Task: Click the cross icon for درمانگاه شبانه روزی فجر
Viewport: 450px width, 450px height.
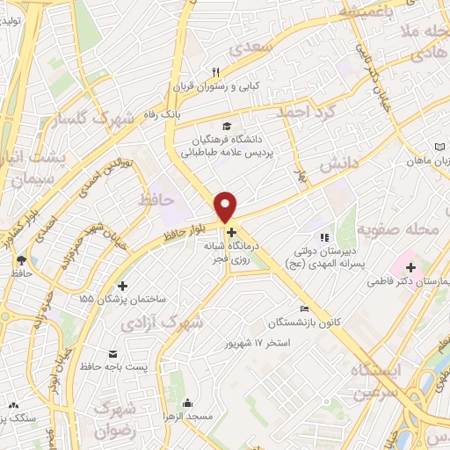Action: click(x=231, y=233)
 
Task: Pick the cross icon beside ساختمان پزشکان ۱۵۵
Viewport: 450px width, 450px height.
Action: click(x=122, y=286)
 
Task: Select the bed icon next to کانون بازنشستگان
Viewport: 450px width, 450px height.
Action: click(x=304, y=308)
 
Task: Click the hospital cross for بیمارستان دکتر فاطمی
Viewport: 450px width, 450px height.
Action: click(x=410, y=265)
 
